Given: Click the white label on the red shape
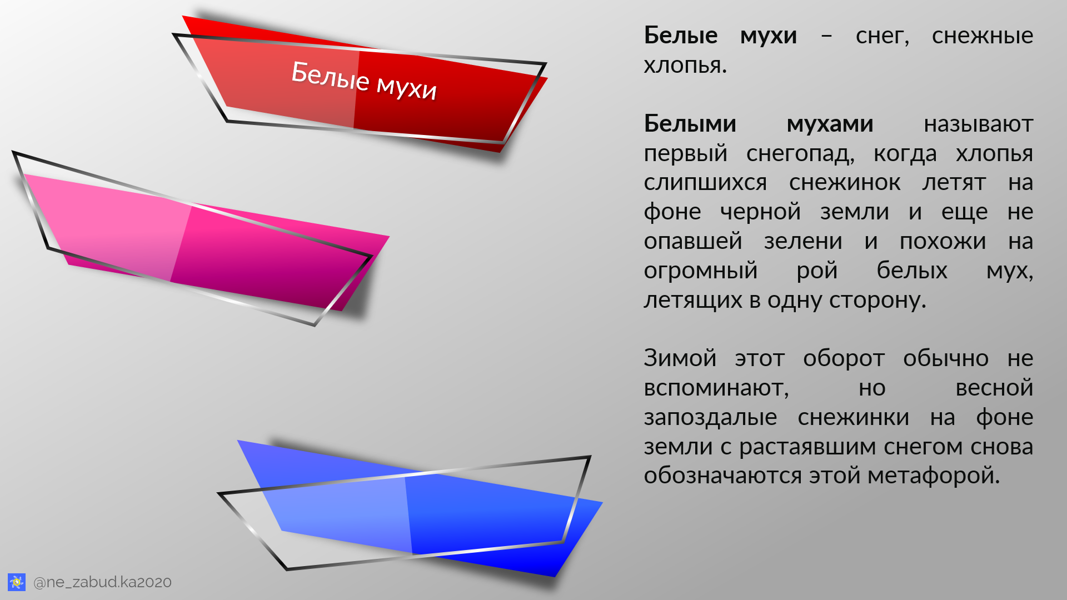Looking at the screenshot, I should (x=364, y=81).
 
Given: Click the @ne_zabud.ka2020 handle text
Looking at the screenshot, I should (x=102, y=582).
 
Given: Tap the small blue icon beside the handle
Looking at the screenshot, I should (x=17, y=582).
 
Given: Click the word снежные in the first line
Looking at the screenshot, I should (x=982, y=36).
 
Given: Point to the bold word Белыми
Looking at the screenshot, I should (x=690, y=124).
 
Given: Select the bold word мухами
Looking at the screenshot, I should (x=830, y=124).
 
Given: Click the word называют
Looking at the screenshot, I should (x=978, y=124).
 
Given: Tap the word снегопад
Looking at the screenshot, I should (x=800, y=154).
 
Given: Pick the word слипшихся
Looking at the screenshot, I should (x=705, y=183).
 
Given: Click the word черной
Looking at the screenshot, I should (x=760, y=212).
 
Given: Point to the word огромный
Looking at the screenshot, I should (x=701, y=271).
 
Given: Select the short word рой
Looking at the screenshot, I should (x=817, y=271).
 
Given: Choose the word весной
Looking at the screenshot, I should (x=994, y=388).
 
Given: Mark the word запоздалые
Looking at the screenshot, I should (x=710, y=418).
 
